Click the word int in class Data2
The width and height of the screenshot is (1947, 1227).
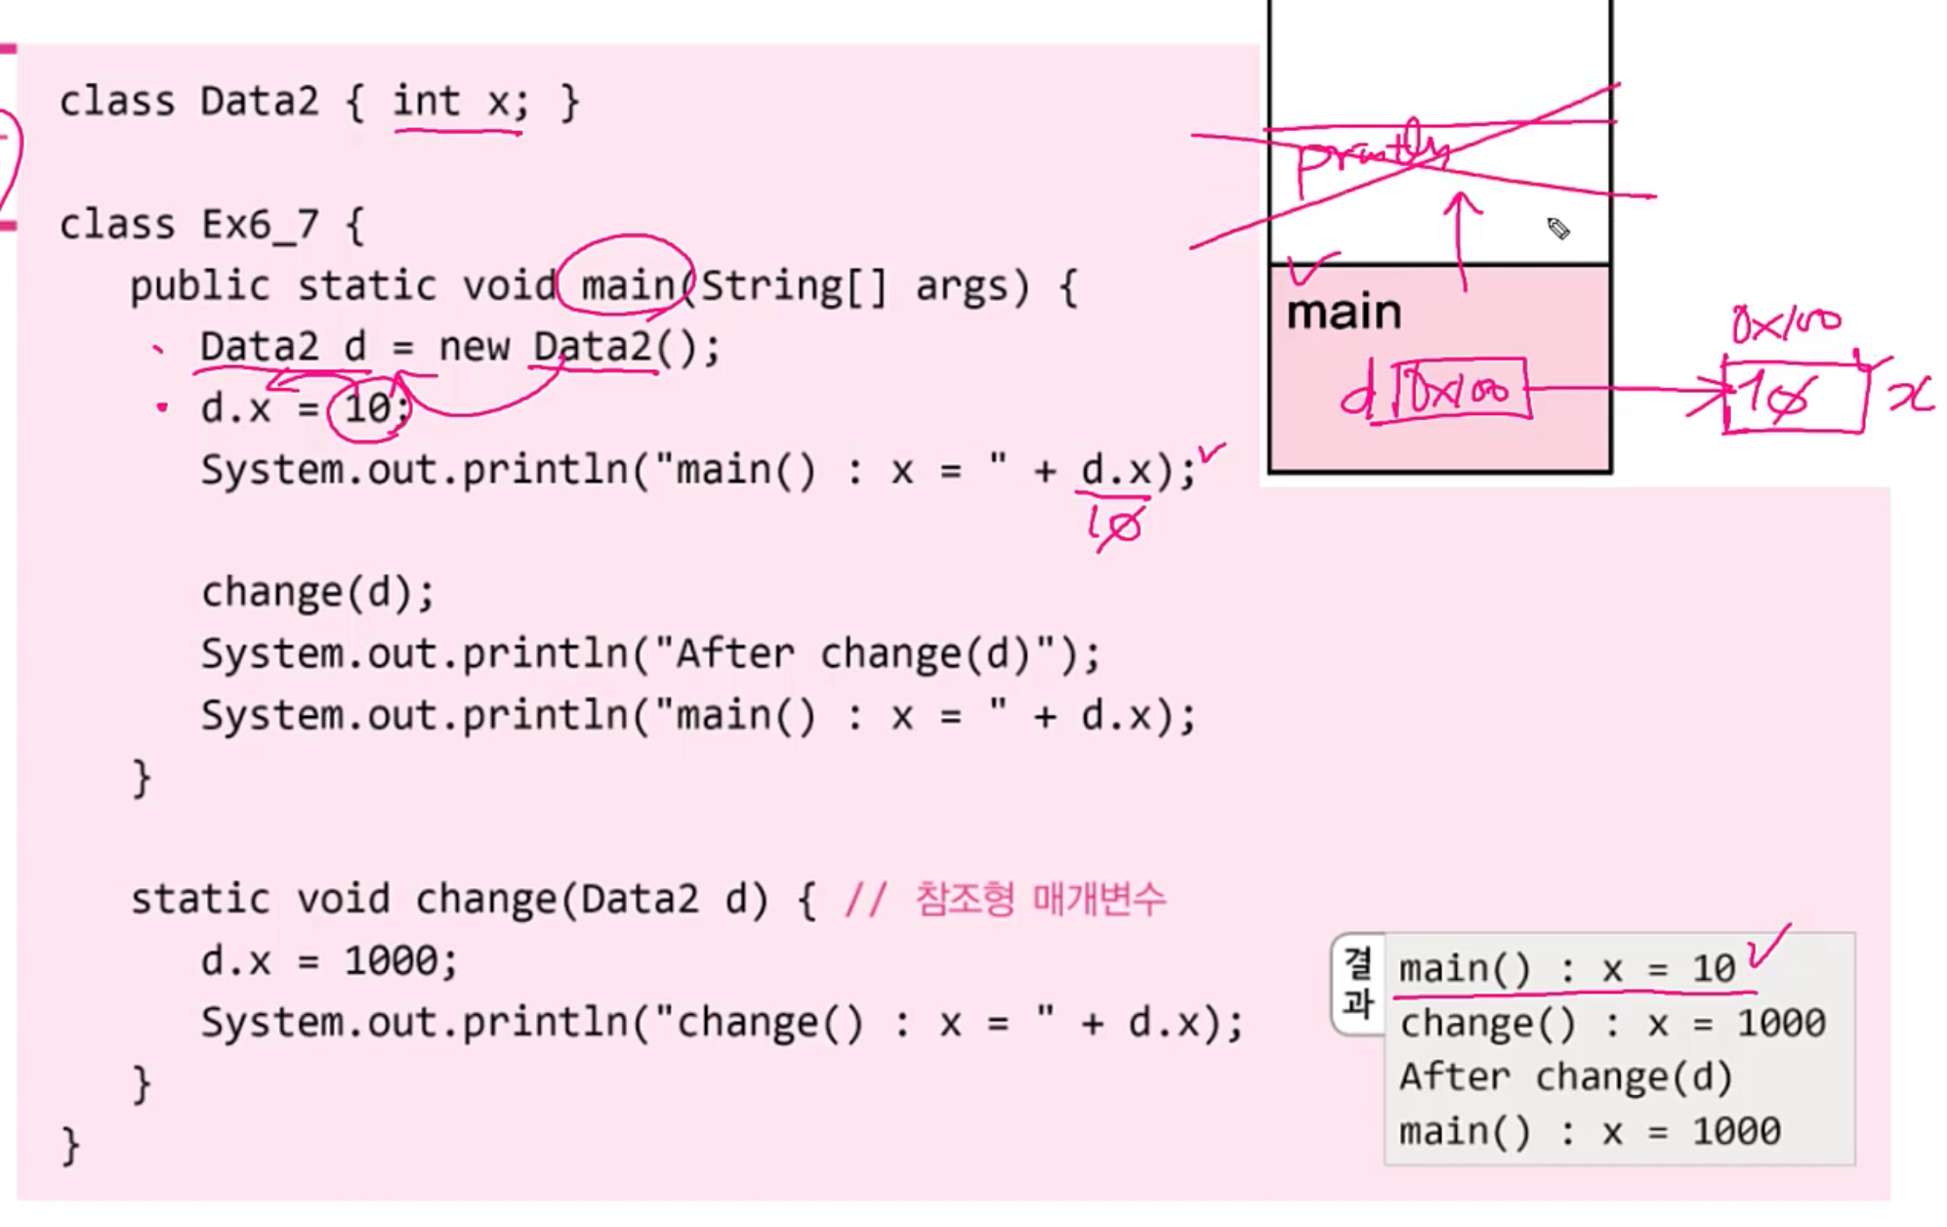[x=426, y=102]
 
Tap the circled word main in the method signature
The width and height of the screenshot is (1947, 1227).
[x=627, y=285]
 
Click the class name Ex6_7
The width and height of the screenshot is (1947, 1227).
[x=260, y=225]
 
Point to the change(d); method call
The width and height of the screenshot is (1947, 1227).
[x=317, y=592]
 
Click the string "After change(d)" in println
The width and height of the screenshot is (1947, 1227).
[x=863, y=654]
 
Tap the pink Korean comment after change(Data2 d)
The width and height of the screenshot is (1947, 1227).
[x=1040, y=899]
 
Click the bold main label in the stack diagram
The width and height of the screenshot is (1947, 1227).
[x=1344, y=313]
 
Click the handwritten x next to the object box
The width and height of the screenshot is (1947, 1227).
[x=1910, y=395]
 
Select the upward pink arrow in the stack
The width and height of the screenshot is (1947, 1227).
[x=1462, y=239]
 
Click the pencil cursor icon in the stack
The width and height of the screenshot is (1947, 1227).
[x=1558, y=229]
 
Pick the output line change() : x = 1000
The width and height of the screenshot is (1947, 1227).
[x=1612, y=1024]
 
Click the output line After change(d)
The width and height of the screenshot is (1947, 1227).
[x=1565, y=1078]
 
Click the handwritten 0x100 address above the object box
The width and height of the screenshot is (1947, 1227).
[x=1786, y=322]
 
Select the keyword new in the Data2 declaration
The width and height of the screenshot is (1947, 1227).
[x=474, y=347]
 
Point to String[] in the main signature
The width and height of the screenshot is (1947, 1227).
[x=793, y=285]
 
